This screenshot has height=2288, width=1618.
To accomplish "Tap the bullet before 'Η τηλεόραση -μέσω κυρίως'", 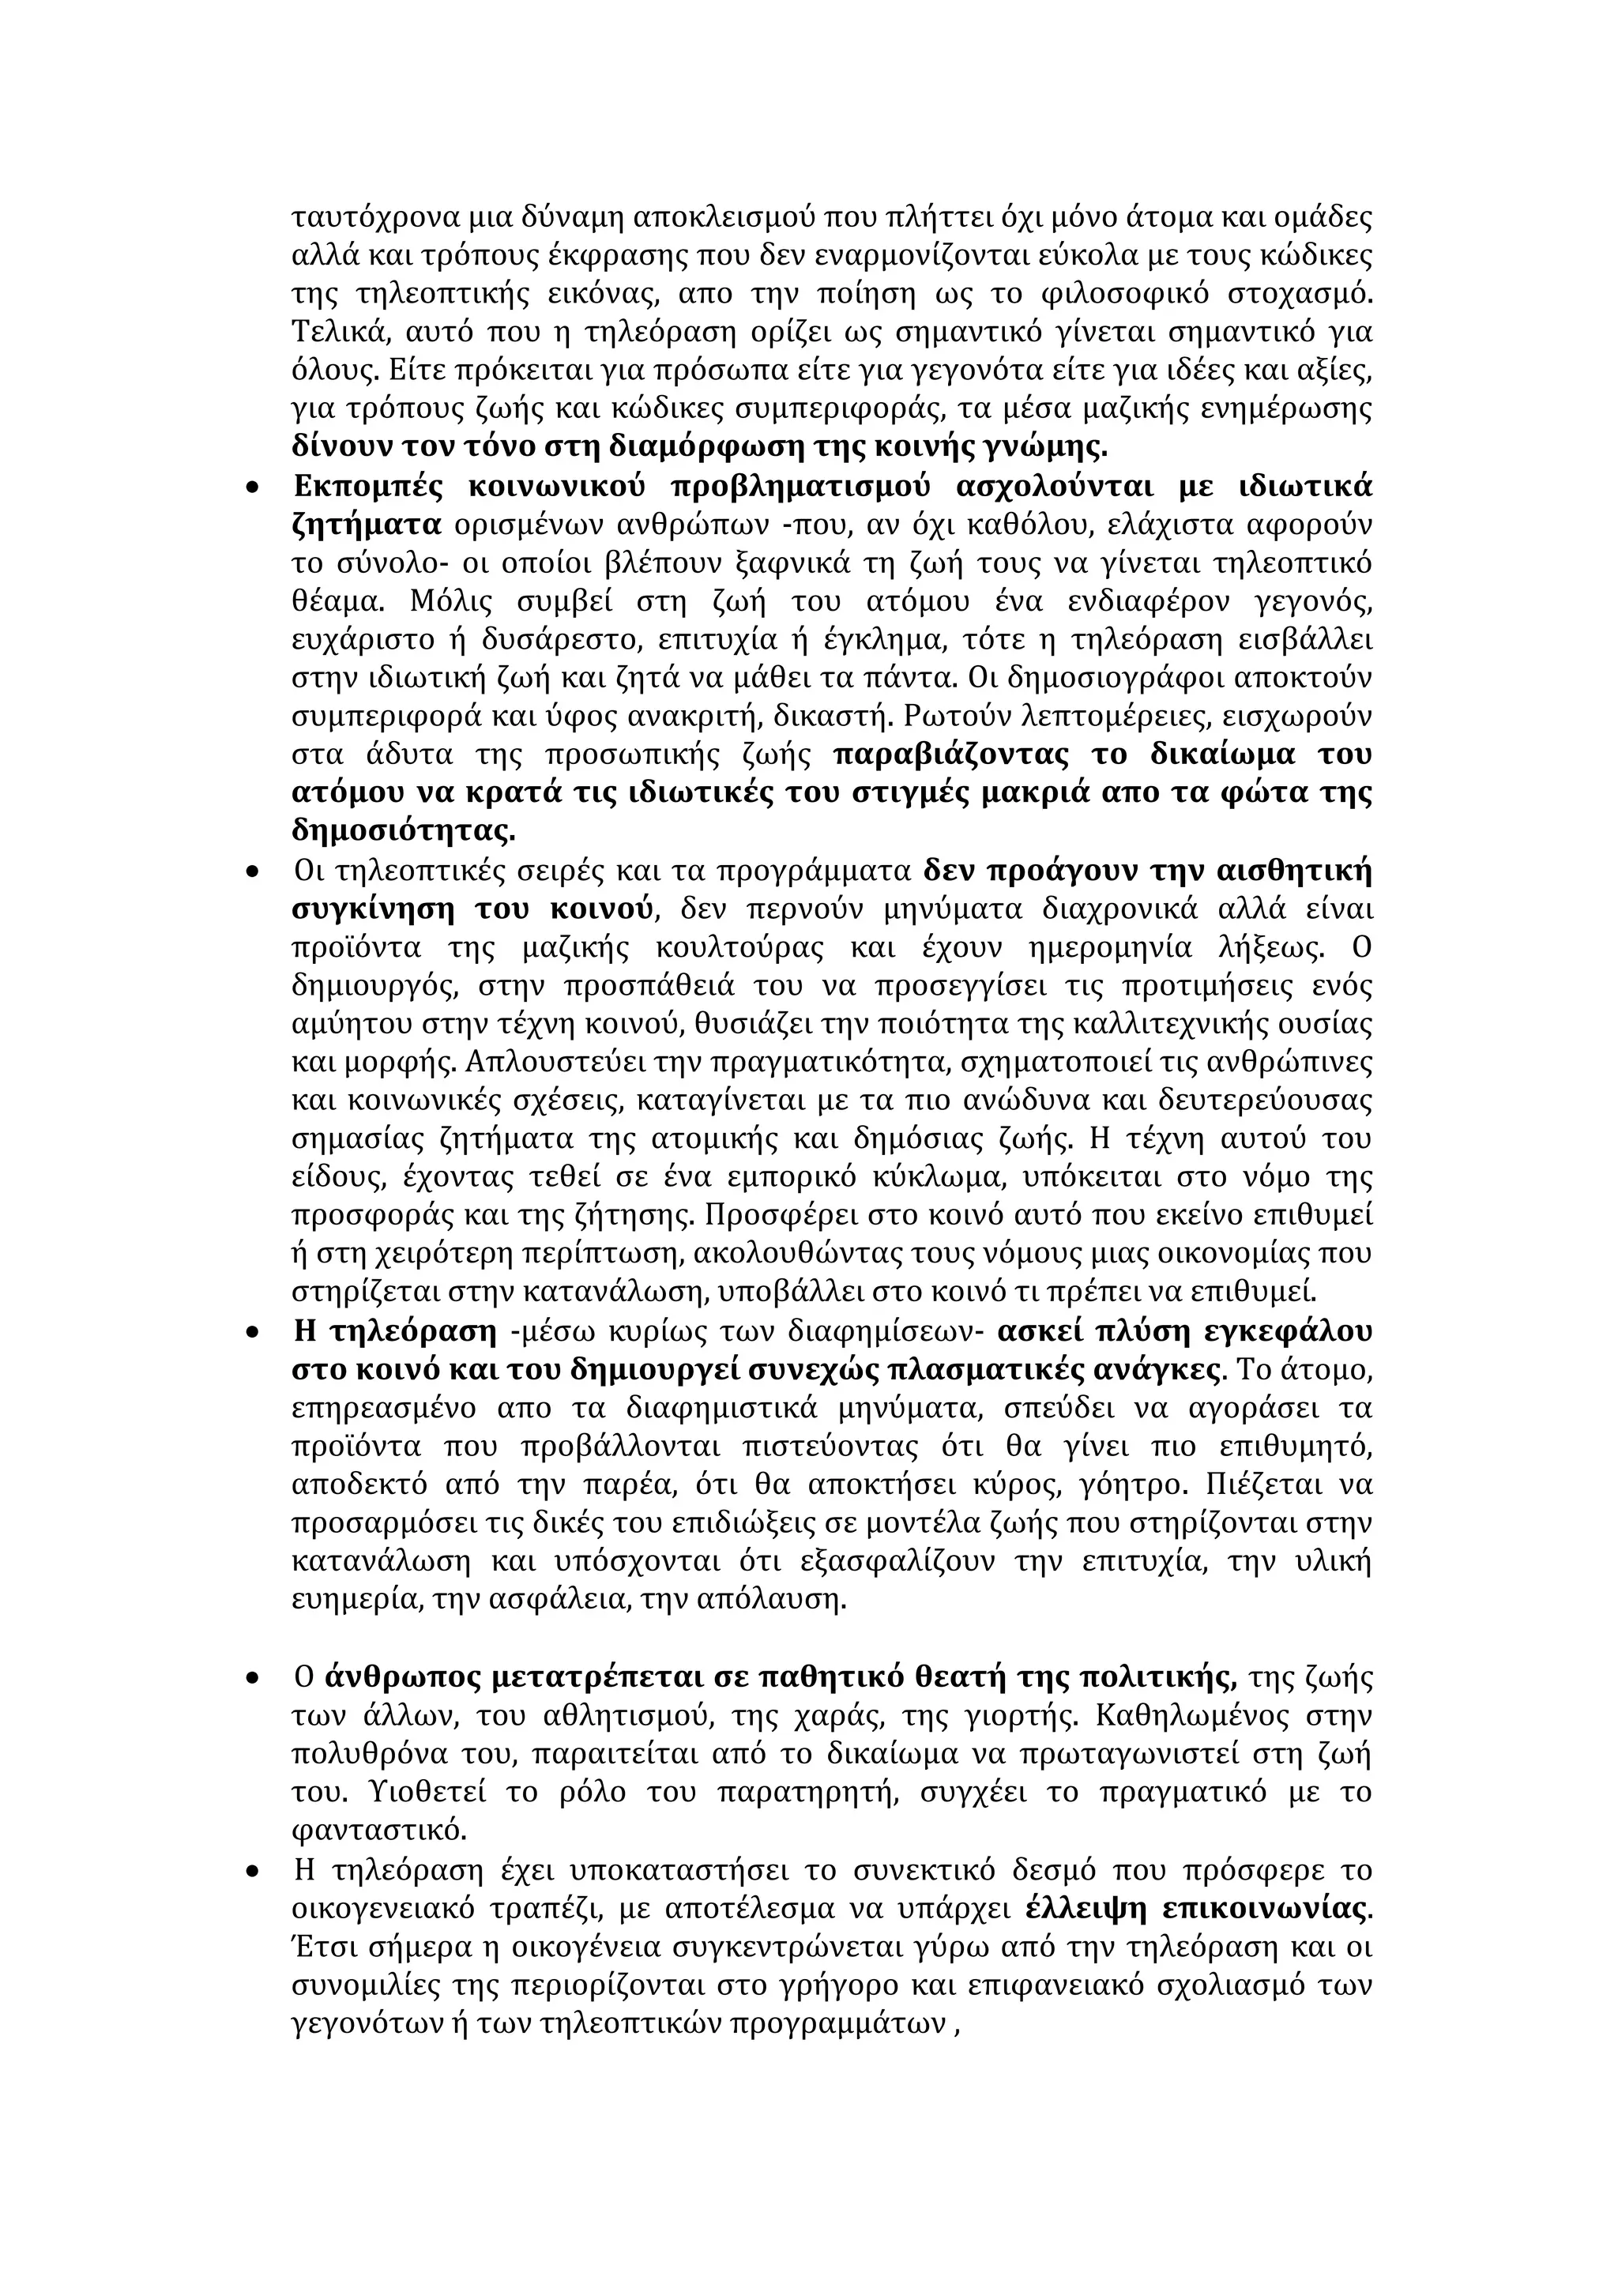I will pos(253,1332).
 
